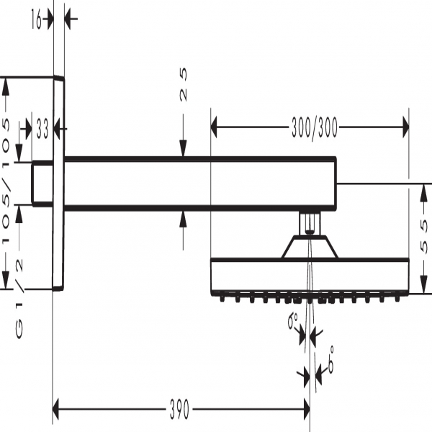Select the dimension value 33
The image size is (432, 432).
[42, 130]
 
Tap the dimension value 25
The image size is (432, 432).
[183, 85]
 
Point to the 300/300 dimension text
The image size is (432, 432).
[314, 130]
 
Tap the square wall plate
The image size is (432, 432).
[59, 183]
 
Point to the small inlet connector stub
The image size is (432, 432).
[43, 184]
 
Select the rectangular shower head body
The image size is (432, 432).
[309, 276]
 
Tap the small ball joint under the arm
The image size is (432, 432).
[309, 222]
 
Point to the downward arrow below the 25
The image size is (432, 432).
[183, 148]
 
